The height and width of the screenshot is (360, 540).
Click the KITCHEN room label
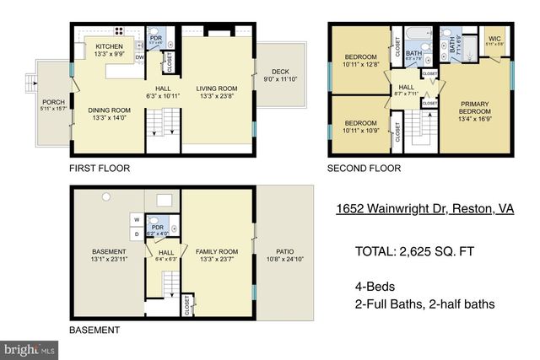coord(110,47)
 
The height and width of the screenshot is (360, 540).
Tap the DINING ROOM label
coord(110,109)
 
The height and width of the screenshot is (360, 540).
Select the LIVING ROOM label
coord(217,88)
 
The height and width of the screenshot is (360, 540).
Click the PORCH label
coord(52,102)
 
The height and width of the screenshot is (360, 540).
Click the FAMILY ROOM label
coord(216,251)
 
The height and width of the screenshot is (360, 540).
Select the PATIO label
coord(284,250)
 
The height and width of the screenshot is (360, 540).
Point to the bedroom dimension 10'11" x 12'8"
coord(361,63)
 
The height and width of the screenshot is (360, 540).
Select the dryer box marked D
coord(134,234)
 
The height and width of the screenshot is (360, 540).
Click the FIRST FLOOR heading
coord(100,169)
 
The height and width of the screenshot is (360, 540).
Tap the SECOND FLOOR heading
coord(364,169)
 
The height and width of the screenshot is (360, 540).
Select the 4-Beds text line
coord(375,287)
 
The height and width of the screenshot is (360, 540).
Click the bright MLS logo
coord(30,347)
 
